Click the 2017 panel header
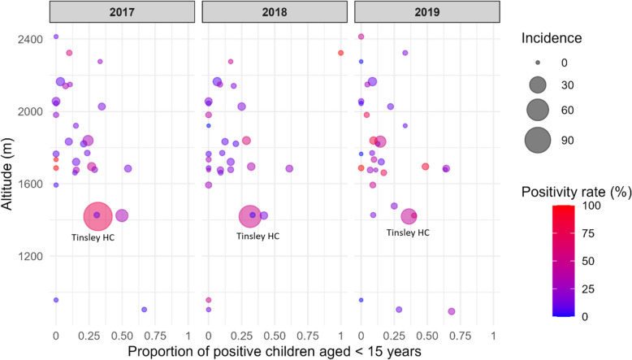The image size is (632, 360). pos(122,11)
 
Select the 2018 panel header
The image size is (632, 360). pos(275,11)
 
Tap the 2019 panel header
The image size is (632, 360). pos(427,11)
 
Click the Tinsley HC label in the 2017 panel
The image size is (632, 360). pos(93,237)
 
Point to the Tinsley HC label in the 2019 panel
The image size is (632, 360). pos(408,232)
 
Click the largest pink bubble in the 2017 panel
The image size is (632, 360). pos(98,216)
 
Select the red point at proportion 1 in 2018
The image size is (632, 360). pos(340,53)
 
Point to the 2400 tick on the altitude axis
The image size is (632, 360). pos(30,40)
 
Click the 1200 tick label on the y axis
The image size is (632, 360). pos(30,257)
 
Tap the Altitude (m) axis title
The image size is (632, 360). pos(6,174)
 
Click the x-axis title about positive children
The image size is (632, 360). pos(275,352)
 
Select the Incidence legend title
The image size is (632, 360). pos(552,38)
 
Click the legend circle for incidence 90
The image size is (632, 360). pos(538,141)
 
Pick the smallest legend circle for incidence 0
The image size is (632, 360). pos(538,63)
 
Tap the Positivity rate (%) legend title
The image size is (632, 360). pos(577,192)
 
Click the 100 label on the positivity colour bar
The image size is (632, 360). pos(591,206)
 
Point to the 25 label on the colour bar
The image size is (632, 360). pos(588,289)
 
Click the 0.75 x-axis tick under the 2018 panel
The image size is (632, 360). pos(308,336)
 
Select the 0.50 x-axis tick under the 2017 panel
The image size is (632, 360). pos(122,336)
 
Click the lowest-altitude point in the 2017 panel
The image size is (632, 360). pos(145,310)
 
